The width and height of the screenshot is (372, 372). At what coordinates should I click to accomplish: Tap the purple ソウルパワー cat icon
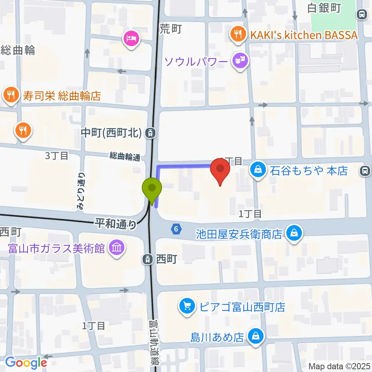pos(240,60)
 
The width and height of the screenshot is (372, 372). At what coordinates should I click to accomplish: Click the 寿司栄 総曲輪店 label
pos(62,96)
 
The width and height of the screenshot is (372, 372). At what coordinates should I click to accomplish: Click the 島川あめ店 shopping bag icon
pos(255,336)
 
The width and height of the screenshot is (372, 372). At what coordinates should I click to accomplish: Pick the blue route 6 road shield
pos(176,229)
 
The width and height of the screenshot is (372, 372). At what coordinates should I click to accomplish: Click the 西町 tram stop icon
pos(148,259)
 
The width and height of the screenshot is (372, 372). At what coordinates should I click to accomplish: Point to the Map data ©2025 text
pos(339,366)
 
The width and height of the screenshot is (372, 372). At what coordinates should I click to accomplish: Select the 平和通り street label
pos(116,224)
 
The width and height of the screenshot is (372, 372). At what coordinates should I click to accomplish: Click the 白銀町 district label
pos(324,8)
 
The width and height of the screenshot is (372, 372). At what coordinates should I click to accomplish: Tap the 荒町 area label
pos(170,28)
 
